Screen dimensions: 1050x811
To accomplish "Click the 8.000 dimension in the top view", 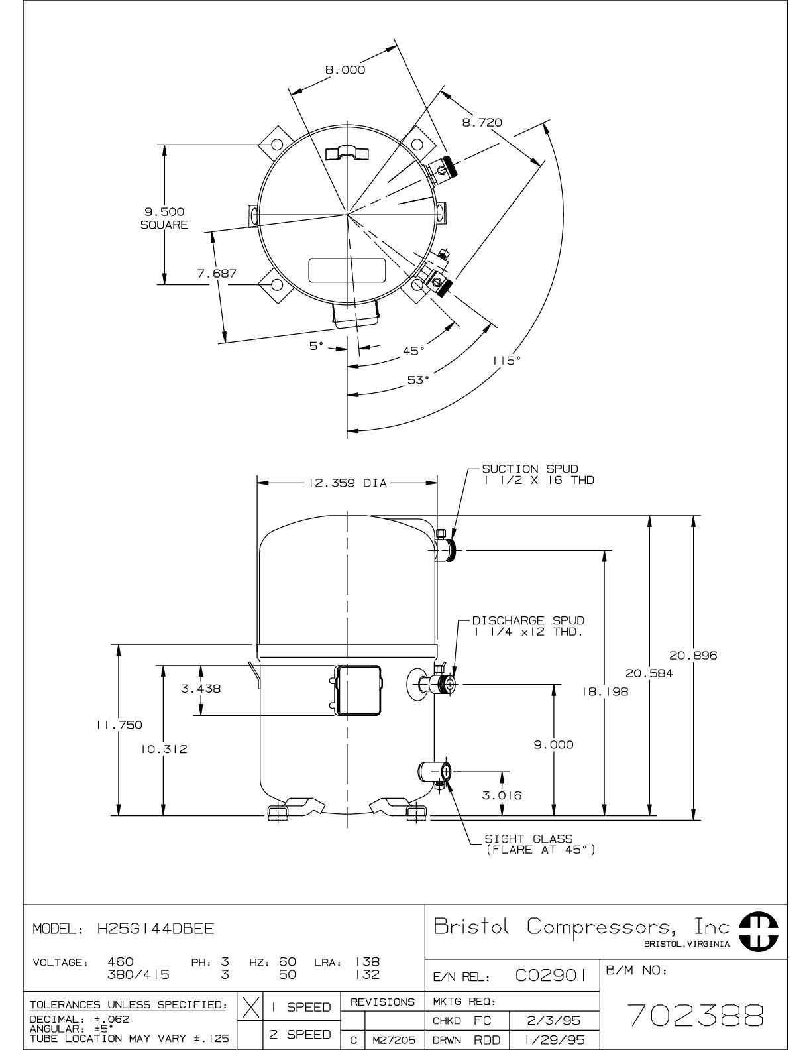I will coord(345,70).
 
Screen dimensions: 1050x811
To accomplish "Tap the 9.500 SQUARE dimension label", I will coord(164,218).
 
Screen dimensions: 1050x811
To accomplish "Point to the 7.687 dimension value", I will coord(217,272).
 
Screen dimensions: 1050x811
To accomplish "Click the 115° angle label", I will coord(506,360).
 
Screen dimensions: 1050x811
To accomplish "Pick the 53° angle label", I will coord(418,380).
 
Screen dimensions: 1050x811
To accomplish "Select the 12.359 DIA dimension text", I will coord(347,483).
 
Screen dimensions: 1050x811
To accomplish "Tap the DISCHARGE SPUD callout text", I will coord(528,626).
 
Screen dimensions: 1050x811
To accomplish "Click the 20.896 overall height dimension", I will coord(693,656).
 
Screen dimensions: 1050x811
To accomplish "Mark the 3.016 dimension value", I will coord(502,795).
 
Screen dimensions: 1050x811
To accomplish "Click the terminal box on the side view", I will coord(358,690).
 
